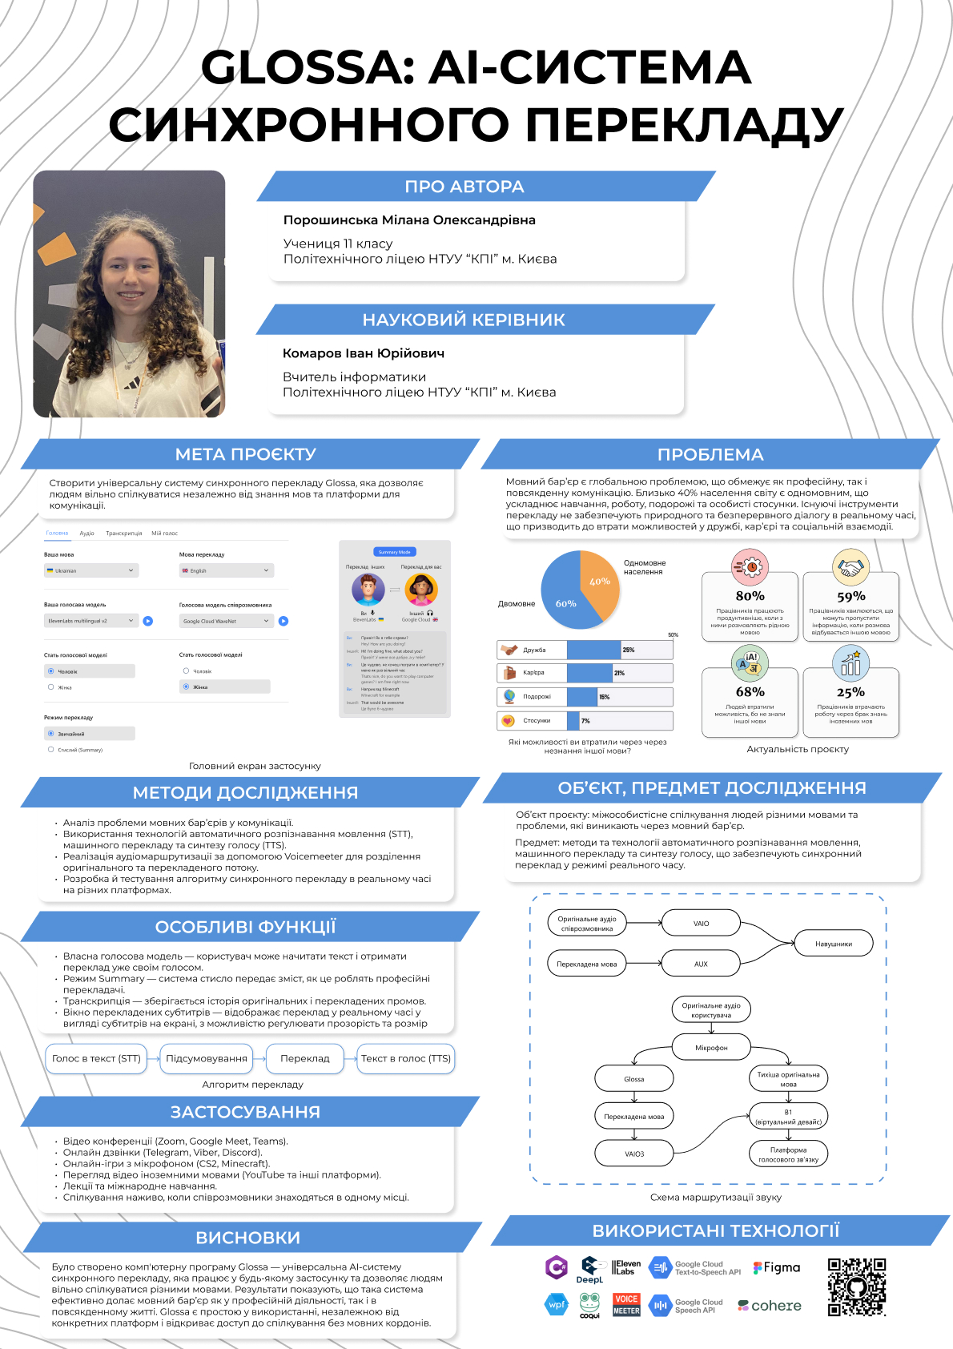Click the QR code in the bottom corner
[x=857, y=1287]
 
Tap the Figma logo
[x=777, y=1268]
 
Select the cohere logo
[x=770, y=1306]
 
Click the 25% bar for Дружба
[x=593, y=650]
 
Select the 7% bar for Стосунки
[x=573, y=721]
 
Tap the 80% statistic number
[x=750, y=596]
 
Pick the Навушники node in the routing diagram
[x=833, y=944]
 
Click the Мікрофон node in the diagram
[x=711, y=1048]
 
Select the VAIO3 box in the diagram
[x=634, y=1154]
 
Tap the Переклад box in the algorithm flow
[x=304, y=1058]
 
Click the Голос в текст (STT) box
[x=96, y=1058]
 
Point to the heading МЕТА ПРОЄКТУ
[x=246, y=454]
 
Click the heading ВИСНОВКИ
[x=248, y=1238]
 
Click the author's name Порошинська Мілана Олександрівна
[x=409, y=220]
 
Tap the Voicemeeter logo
[x=626, y=1305]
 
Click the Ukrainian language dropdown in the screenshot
[x=90, y=570]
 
